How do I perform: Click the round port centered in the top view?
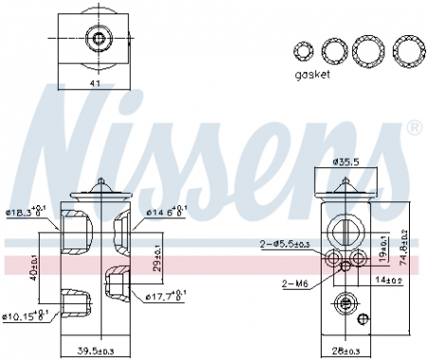[x=95, y=39]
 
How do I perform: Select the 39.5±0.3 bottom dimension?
[x=95, y=351]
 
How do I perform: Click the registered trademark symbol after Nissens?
[x=414, y=127]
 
